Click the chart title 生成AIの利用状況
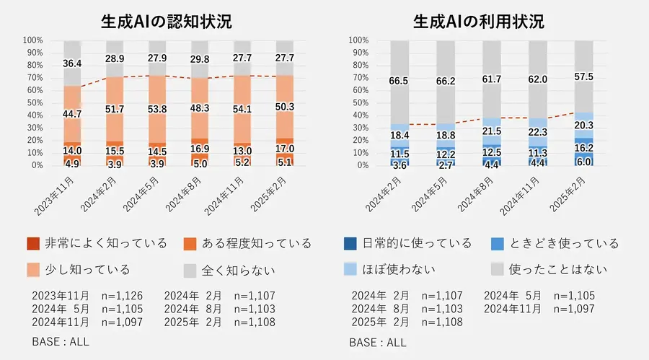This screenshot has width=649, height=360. pyautogui.click(x=479, y=22)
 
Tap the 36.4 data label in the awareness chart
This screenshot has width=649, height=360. pyautogui.click(x=72, y=63)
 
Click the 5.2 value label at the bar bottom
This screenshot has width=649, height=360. pyautogui.click(x=242, y=163)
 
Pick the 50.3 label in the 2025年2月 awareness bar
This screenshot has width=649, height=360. pyautogui.click(x=284, y=107)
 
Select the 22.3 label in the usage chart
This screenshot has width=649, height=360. pyautogui.click(x=538, y=131)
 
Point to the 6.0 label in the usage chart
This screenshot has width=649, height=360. pyautogui.click(x=583, y=162)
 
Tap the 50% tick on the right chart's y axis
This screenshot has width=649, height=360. pyautogui.click(x=358, y=102)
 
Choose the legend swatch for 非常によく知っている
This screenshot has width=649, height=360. pyautogui.click(x=32, y=243)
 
